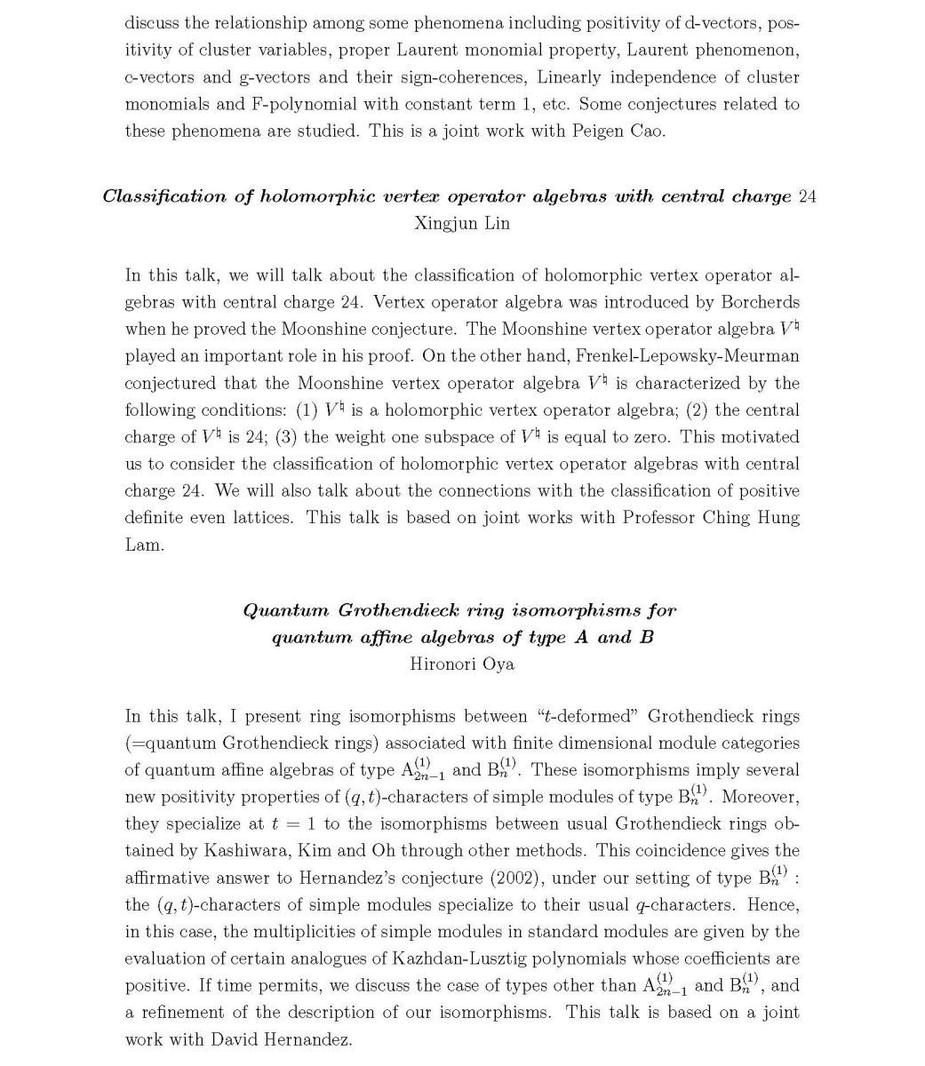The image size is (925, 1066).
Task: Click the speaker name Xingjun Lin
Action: coord(462,223)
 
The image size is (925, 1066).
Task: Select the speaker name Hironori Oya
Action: coord(462,664)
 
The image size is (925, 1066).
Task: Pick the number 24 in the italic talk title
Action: coord(807,196)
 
